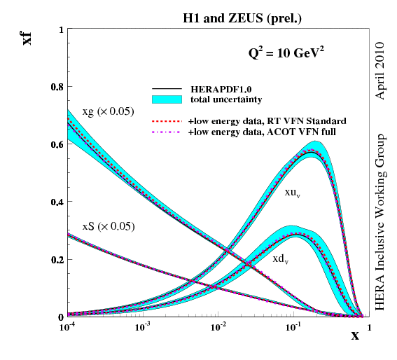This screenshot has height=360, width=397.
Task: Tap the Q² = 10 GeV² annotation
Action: tap(283, 53)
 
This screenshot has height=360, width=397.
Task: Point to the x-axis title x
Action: tap(354, 335)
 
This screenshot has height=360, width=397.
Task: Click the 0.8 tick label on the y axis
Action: tap(55, 87)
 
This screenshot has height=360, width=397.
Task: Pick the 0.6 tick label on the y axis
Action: tap(55, 144)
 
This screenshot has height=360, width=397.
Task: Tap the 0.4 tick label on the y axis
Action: tap(55, 202)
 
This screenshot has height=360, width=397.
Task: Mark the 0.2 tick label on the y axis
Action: tap(55, 259)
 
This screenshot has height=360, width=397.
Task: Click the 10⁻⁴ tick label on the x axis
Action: tap(68, 327)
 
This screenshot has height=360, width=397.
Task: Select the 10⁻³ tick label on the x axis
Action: tap(143, 327)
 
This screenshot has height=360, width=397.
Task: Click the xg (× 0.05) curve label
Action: tap(108, 111)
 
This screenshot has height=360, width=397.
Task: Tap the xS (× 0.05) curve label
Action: tap(108, 226)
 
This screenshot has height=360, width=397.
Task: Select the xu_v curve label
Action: tap(293, 191)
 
